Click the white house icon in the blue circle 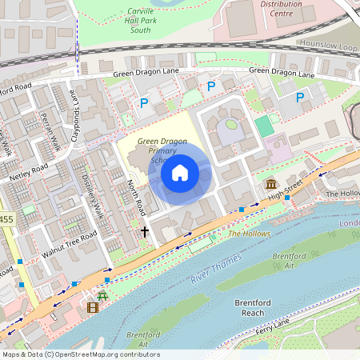click(180, 172)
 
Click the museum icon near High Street click(271, 186)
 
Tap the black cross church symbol click(145, 232)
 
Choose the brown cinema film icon click(93, 306)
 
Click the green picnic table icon click(102, 295)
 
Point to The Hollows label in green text click(250, 234)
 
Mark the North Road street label click(135, 197)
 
